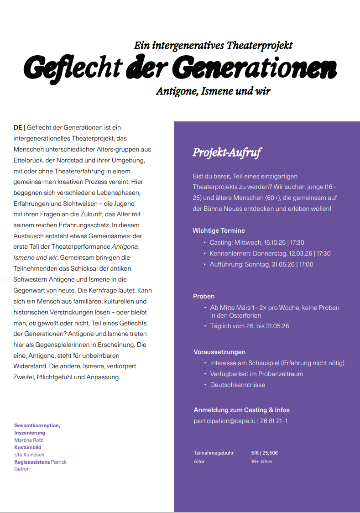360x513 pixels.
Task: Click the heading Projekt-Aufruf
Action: tap(227, 152)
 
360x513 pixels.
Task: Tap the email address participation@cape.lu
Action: tap(224, 421)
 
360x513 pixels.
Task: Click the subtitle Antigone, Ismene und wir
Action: tap(213, 91)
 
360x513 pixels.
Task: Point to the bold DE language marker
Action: tap(18, 127)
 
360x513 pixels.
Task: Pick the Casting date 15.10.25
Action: tap(275, 242)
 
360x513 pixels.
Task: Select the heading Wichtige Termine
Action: tap(219, 230)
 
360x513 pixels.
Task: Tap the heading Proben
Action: tap(203, 296)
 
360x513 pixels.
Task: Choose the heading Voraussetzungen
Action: tap(219, 352)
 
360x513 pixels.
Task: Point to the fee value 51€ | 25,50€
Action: tap(264, 453)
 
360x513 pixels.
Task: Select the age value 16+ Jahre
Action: tap(261, 461)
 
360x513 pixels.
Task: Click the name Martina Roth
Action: tap(29, 440)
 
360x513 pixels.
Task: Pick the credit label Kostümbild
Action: tap(28, 447)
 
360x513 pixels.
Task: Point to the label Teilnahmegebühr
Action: tap(214, 453)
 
